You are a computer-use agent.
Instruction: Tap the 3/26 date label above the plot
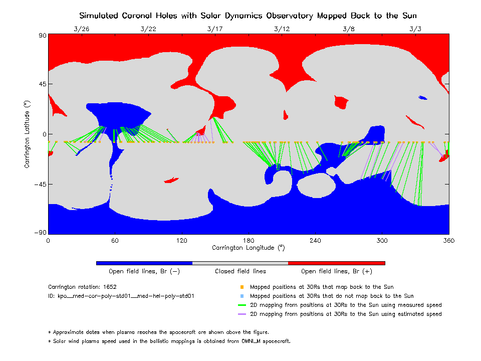tap(81, 29)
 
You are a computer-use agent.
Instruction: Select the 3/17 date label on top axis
tap(215, 29)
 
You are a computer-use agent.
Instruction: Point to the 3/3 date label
tap(415, 29)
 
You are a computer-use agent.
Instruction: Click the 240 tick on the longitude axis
tap(315, 241)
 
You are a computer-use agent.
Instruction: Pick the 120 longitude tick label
tap(181, 241)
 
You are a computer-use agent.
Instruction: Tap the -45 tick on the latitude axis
tap(39, 184)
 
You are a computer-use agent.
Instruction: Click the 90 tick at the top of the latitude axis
tap(41, 36)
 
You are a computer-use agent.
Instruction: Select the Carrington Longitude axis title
tap(248, 248)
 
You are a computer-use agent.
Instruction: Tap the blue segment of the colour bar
tap(144, 263)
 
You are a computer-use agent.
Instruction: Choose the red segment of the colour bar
tap(336, 263)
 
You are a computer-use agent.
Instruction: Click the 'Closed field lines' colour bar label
tap(241, 271)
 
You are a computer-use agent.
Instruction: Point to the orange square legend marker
tap(242, 287)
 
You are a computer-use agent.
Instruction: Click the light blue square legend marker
tap(242, 296)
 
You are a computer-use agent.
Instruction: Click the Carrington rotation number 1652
tap(110, 287)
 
